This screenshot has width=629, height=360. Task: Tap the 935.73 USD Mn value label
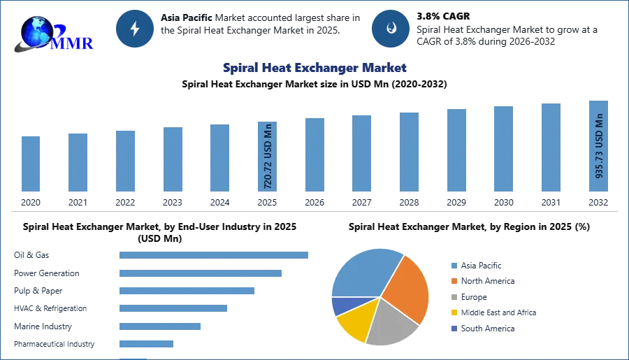pos(599,145)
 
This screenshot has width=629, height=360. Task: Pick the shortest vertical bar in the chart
pos(31,164)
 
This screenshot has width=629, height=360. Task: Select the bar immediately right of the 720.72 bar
pos(313,155)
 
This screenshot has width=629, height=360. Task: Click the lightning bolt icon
pos(135,29)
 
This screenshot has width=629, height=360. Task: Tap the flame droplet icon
pos(391,29)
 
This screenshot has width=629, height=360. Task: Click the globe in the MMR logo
pos(36,31)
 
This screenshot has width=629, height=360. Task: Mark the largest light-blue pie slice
pos(363,273)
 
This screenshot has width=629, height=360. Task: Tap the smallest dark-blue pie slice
pos(339,305)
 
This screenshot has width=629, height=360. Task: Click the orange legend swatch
pos(453,281)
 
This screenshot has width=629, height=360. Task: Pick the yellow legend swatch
pos(453,312)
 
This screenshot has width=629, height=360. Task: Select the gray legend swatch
pos(453,297)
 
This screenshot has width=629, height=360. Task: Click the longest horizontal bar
pos(215,257)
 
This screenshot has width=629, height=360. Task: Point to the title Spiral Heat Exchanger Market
pos(313,68)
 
